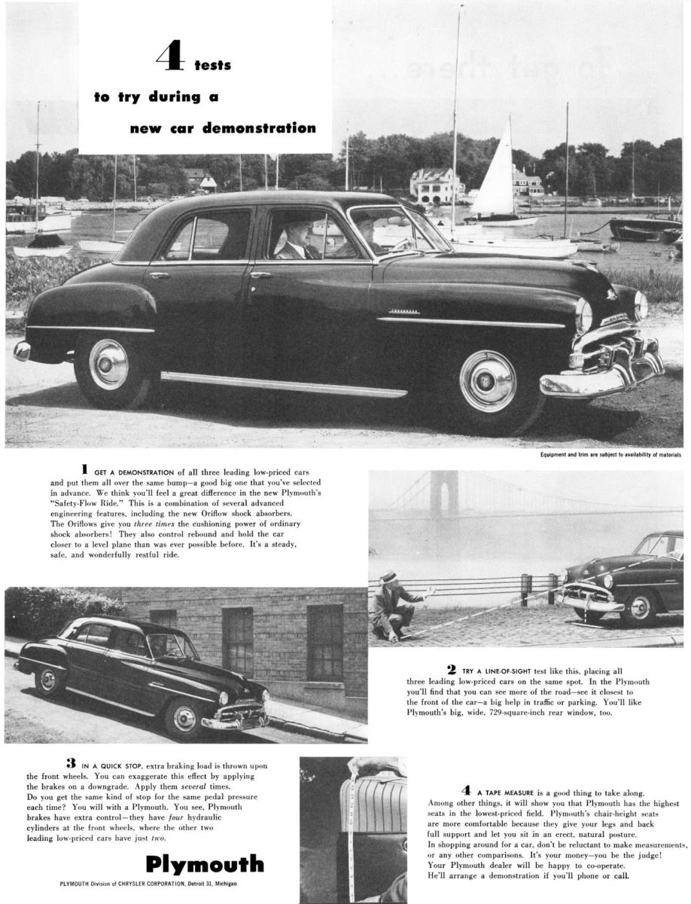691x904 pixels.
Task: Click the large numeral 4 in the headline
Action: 169,59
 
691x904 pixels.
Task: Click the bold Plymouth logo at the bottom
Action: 204,863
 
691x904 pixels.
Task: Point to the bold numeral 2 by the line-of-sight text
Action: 451,669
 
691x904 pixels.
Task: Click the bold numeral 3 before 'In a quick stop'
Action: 70,763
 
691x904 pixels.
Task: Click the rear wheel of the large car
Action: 109,365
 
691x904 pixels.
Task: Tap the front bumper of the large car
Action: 602,377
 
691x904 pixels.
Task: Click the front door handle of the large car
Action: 260,275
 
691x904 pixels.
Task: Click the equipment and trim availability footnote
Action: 610,454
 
